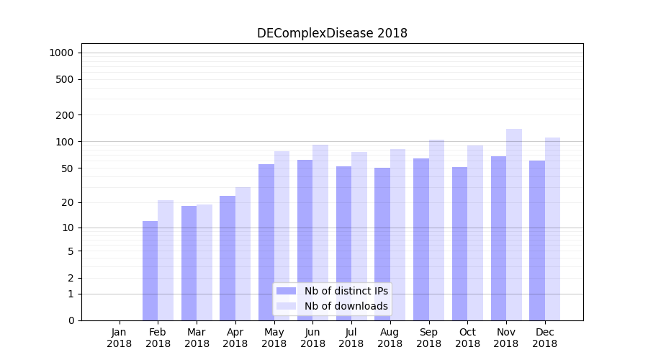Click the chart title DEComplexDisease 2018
point(332,33)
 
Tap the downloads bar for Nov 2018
point(514,225)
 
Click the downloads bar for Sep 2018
point(436,230)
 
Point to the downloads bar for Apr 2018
point(243,253)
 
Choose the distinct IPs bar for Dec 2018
point(537,240)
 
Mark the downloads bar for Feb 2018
point(166,260)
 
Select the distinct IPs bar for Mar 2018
point(189,263)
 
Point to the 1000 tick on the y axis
point(61,53)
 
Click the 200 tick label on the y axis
point(64,115)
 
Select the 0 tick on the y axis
point(71,320)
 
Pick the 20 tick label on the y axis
point(67,202)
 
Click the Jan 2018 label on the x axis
point(120,338)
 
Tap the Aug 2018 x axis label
point(390,338)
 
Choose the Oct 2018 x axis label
point(467,338)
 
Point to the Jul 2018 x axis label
point(351,338)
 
